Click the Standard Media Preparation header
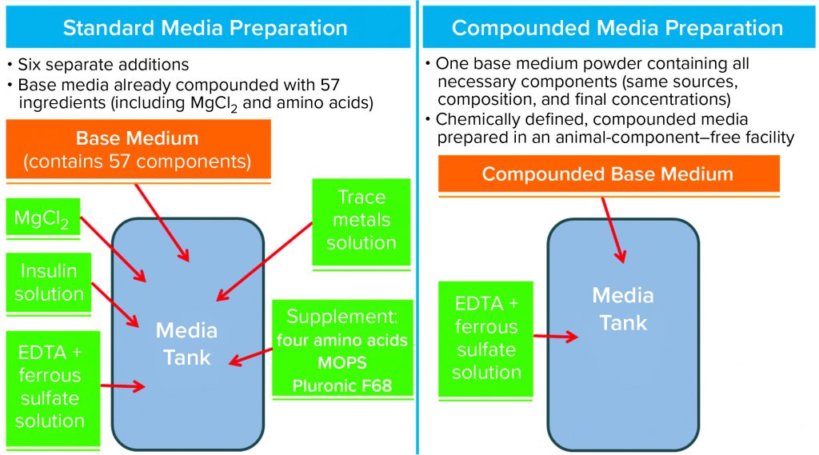(x=206, y=28)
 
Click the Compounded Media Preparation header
(x=617, y=28)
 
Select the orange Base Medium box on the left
(x=137, y=149)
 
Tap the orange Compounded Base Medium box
(x=608, y=174)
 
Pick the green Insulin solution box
(x=49, y=282)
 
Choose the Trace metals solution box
(x=361, y=220)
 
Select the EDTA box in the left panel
(x=49, y=387)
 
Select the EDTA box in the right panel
(x=485, y=338)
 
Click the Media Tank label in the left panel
(x=186, y=344)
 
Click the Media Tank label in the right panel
(x=623, y=309)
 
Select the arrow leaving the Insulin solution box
(x=116, y=304)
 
